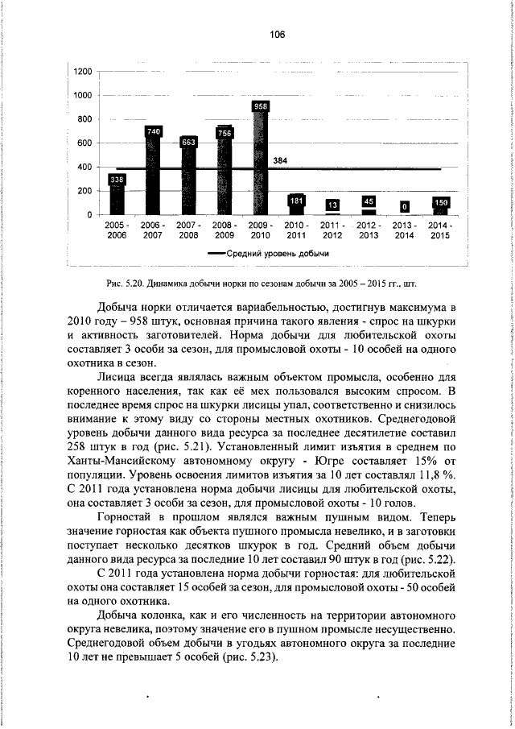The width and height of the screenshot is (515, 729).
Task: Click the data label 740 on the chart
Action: click(153, 130)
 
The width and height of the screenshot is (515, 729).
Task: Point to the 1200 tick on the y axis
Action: click(81, 72)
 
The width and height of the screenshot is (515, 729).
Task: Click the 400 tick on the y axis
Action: click(84, 167)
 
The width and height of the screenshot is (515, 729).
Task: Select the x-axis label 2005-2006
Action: click(116, 230)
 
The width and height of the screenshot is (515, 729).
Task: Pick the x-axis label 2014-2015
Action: click(439, 230)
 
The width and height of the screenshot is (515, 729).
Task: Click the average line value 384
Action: click(281, 161)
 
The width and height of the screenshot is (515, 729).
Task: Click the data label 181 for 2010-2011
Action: click(296, 200)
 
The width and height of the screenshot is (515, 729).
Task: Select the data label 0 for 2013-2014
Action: click(404, 206)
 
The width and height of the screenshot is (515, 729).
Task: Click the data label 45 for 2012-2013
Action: click(369, 201)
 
